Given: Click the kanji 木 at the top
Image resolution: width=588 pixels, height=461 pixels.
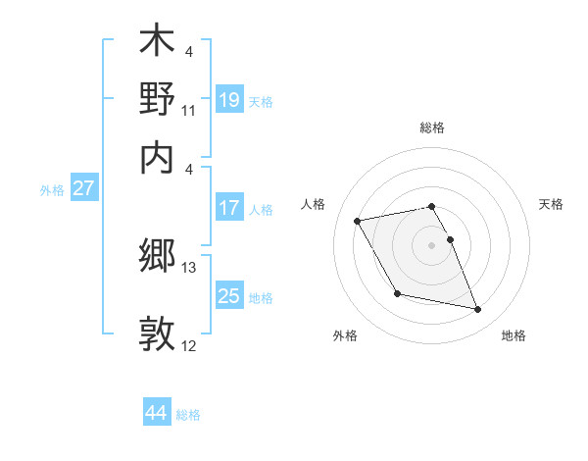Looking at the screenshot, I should point(157,43).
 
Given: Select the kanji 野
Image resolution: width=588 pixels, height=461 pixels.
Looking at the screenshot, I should point(157,99).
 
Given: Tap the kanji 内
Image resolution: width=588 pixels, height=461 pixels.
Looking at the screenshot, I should point(157,156).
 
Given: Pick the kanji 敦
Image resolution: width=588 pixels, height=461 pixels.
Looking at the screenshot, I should point(157,333).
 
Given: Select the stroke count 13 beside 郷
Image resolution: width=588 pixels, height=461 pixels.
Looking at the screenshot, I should point(189,268).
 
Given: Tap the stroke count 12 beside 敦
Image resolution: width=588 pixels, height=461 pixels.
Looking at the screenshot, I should point(189,346).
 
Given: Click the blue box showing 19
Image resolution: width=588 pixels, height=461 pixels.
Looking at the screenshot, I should point(229,99).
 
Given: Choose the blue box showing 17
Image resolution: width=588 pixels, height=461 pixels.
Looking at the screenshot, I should point(229,208).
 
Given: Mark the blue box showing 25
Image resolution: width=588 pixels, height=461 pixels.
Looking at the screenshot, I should point(229,296).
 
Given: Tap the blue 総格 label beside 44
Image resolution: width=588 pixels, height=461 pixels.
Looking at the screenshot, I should point(188,415).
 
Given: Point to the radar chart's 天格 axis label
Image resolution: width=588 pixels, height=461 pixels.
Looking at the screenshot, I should point(552,204).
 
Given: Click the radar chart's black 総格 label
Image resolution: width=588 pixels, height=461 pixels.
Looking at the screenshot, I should point(432,128).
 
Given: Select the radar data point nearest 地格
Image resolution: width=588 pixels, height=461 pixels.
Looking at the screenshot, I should point(478,310).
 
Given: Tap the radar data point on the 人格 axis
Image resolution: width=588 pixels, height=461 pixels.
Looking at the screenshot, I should point(358,220).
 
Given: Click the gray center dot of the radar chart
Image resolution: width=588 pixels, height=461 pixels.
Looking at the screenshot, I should point(432,244).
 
